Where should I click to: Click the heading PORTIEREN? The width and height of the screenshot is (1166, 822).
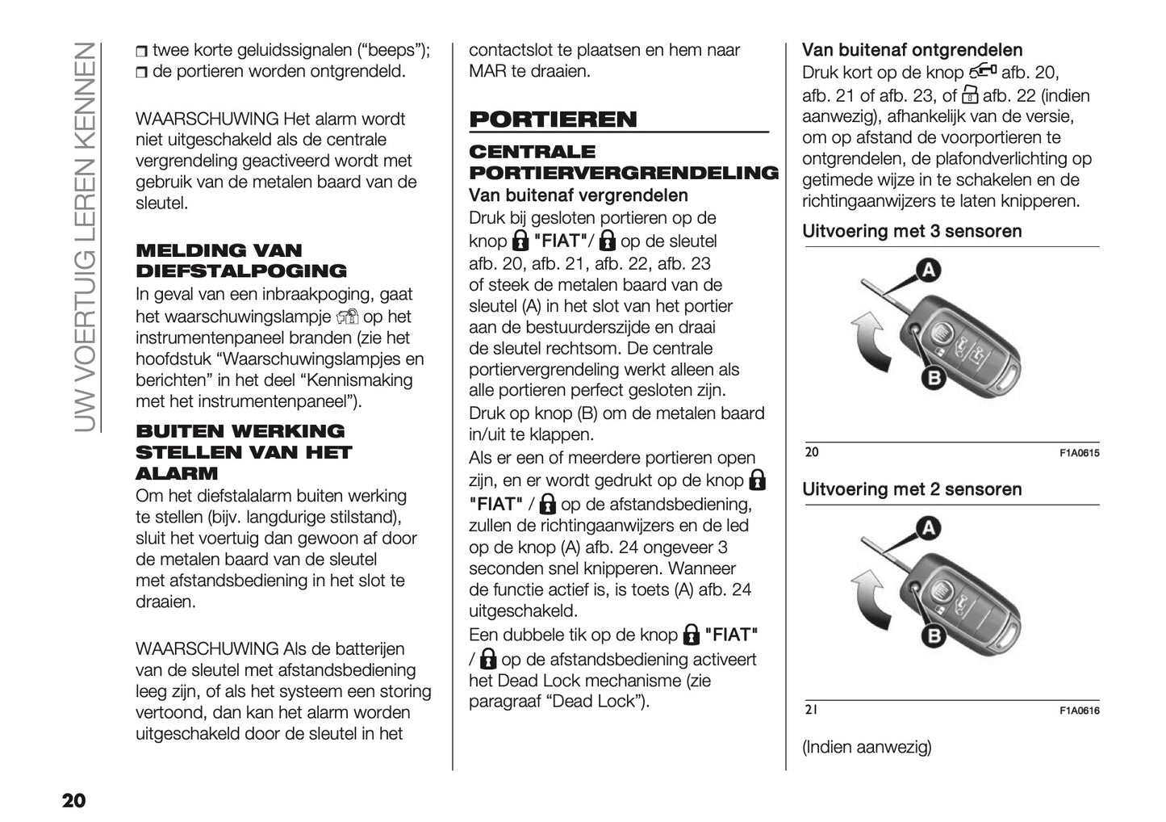click(x=553, y=120)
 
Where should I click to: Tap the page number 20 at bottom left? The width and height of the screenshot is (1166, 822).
click(x=73, y=800)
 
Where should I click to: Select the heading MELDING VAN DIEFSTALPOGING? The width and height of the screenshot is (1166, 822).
click(x=241, y=261)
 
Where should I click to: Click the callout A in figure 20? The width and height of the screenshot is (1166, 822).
click(x=929, y=271)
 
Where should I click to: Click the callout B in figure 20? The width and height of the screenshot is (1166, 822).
click(x=933, y=377)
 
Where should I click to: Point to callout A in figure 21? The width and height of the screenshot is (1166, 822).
click(x=929, y=529)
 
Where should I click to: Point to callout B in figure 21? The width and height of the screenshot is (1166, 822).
click(x=933, y=635)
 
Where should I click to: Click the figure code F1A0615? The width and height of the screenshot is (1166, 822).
click(x=1079, y=453)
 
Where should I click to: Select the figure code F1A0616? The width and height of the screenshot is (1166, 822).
click(x=1079, y=711)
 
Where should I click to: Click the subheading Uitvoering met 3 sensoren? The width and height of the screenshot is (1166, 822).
click(x=912, y=232)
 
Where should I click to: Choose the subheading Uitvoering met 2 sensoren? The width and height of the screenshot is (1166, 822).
click(x=912, y=489)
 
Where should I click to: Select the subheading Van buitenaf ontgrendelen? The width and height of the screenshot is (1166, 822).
click(x=912, y=50)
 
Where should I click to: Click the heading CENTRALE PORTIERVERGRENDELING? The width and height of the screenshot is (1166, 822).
click(x=623, y=162)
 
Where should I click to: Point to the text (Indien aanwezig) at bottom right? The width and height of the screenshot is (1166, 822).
click(x=866, y=747)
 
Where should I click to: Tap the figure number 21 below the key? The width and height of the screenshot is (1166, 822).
click(x=811, y=710)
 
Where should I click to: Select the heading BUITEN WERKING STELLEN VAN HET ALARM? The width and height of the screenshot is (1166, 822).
click(x=244, y=452)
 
